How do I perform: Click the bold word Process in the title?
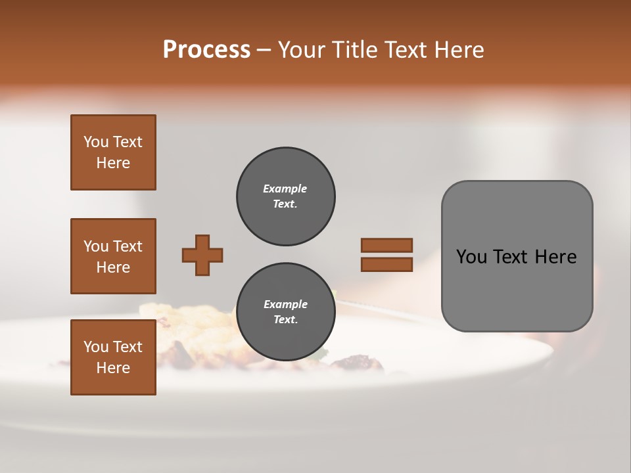[206, 50]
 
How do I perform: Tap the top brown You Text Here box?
[113, 152]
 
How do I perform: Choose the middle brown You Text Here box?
[113, 256]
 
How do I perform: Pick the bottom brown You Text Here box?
[113, 357]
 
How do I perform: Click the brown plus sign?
[202, 255]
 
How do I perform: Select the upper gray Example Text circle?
[285, 196]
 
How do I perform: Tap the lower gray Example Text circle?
[285, 312]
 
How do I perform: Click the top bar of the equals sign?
[386, 245]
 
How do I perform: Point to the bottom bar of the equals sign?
[386, 264]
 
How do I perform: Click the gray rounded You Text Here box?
[517, 256]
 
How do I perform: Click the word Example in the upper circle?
[285, 189]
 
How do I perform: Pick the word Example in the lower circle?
[285, 304]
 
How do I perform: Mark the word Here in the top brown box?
[113, 163]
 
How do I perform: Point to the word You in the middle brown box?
[95, 246]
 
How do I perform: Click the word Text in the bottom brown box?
[127, 347]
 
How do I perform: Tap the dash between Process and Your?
[264, 51]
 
